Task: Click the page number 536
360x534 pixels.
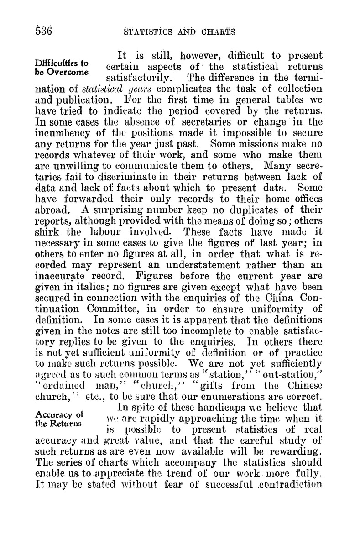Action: point(40,31)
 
